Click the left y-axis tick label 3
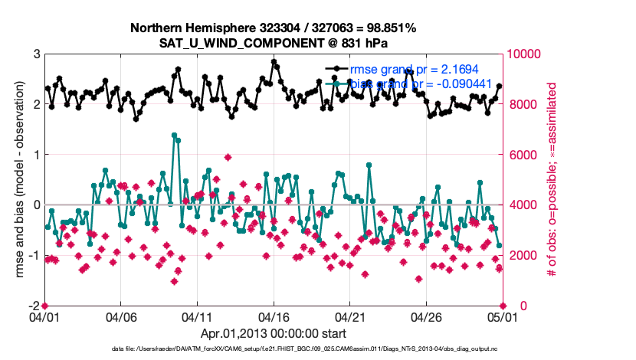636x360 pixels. (35, 54)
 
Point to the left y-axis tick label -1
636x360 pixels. (33, 255)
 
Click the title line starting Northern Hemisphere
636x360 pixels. (274, 28)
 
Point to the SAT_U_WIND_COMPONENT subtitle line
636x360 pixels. (274, 43)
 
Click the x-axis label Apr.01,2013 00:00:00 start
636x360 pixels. (274, 334)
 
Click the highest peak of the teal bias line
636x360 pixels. (175, 135)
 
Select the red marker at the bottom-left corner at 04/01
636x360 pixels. (44, 305)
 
